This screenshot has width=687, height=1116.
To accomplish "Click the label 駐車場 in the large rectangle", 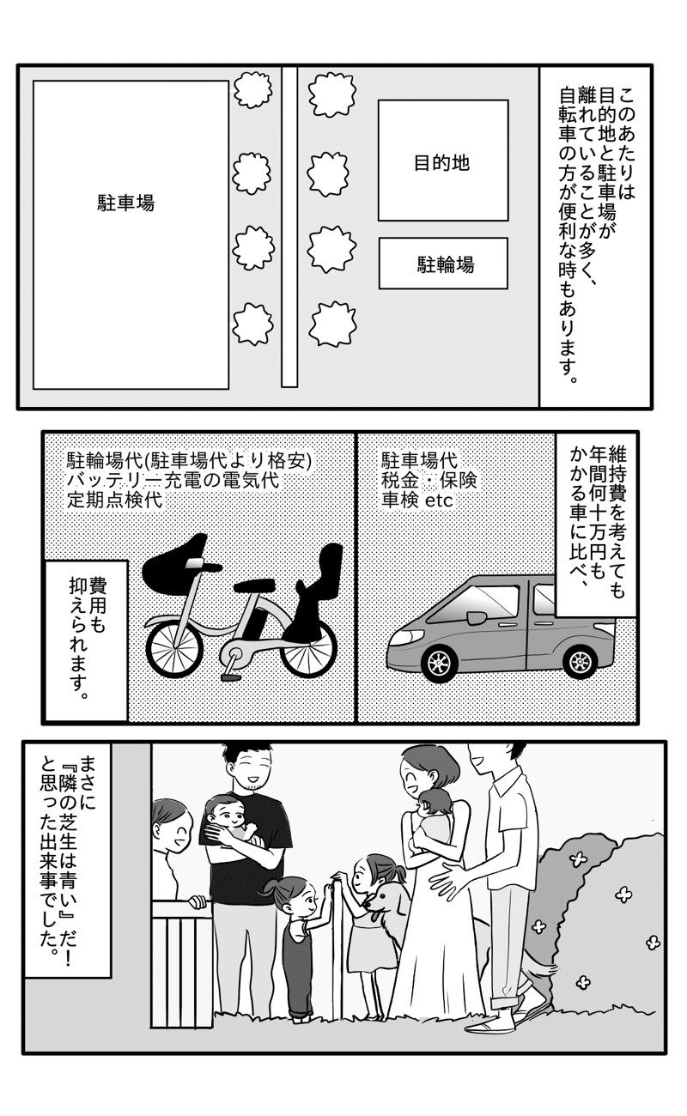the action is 125,203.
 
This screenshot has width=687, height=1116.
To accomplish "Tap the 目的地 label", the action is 441,163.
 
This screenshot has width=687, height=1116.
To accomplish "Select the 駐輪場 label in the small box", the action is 445,264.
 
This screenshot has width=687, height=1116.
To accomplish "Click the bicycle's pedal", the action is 231,676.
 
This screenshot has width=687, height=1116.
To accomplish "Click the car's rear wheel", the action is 581,660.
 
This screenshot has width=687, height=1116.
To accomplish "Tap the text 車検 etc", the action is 416,500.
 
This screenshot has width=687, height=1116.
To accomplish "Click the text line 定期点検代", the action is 115,500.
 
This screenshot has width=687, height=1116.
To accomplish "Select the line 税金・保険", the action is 429,480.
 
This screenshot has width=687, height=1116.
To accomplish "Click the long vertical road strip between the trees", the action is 289,227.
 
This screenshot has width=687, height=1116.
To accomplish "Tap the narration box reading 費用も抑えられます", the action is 87,641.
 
